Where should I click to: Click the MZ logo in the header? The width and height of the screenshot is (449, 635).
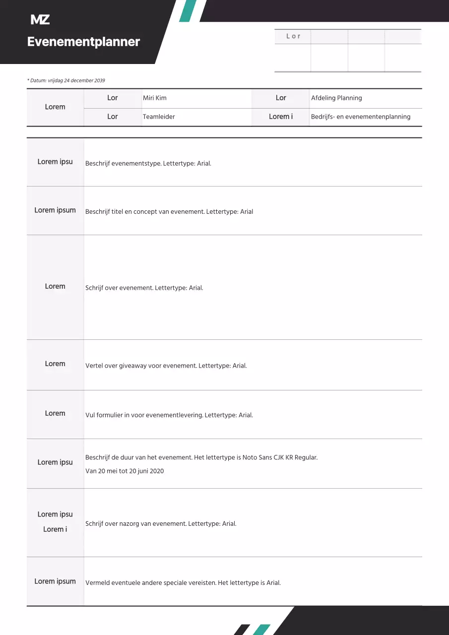point(40,20)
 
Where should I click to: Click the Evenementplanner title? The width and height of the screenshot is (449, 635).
point(83,42)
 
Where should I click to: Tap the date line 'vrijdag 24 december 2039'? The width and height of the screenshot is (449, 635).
point(66,80)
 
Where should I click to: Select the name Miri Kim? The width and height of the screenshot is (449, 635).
point(155,98)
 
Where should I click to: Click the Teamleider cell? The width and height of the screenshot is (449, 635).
point(159,117)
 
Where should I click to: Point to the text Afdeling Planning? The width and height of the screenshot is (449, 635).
point(336,98)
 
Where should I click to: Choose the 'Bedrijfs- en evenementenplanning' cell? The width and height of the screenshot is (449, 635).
point(361,117)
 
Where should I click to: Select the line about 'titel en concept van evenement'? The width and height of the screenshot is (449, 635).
point(169,212)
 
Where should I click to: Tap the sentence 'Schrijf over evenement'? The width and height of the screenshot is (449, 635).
point(144,288)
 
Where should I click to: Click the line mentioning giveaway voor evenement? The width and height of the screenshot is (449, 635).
point(166,366)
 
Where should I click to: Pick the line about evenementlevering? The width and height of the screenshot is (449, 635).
point(169,415)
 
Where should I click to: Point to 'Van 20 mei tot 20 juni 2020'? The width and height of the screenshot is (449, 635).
point(125,471)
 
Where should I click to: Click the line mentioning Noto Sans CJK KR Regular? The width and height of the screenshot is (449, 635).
point(201,457)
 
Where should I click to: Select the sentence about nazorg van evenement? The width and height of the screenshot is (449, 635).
point(161,523)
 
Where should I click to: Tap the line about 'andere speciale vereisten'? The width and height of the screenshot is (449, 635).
point(183,583)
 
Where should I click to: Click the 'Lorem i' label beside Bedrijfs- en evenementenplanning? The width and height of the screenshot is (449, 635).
point(281,117)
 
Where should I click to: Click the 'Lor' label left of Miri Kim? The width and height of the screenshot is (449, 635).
point(113,98)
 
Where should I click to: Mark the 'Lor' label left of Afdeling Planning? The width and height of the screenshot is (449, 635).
point(281,98)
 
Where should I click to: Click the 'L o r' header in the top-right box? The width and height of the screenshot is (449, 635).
point(293,36)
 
